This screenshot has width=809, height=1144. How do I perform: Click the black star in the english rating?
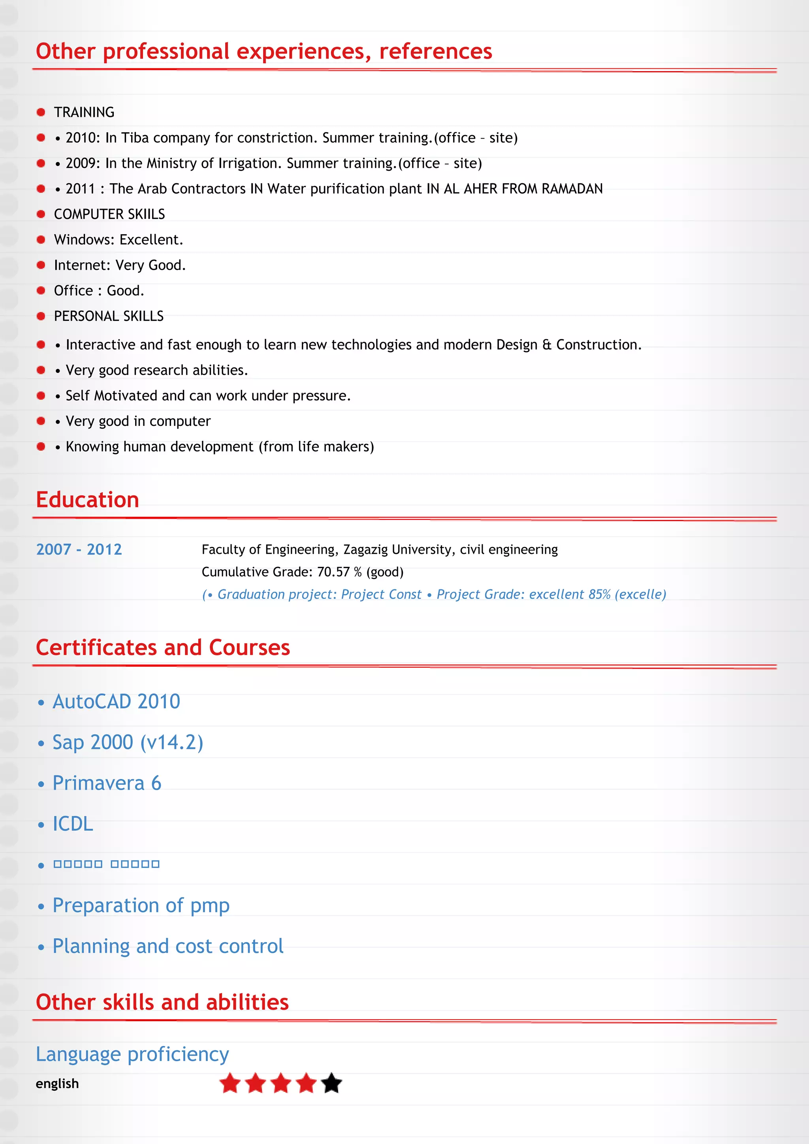(331, 1083)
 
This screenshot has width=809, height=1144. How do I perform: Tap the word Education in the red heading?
(88, 500)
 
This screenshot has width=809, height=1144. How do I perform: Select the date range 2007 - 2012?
(79, 549)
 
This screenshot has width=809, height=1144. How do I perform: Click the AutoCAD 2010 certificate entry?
(116, 701)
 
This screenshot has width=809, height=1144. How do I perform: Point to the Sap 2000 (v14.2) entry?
(128, 742)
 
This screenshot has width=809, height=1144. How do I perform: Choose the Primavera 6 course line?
(107, 783)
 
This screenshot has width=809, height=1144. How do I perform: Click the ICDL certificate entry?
(73, 824)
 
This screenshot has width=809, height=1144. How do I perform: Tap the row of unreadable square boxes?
(106, 864)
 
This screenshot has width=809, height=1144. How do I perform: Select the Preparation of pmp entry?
(141, 905)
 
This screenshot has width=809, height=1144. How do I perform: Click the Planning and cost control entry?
(168, 946)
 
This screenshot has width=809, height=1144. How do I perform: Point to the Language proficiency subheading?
(132, 1054)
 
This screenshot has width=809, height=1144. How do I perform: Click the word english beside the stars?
(57, 1084)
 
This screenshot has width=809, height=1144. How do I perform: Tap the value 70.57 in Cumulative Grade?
(333, 572)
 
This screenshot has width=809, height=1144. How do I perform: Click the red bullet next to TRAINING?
(41, 112)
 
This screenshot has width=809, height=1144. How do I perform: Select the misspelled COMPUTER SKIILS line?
(109, 214)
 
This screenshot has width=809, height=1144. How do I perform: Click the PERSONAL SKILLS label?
(109, 316)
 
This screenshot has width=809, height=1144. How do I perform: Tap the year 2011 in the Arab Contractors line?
(80, 189)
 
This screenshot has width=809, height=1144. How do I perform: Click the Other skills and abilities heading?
(162, 1002)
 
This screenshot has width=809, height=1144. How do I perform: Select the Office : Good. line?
(99, 290)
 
